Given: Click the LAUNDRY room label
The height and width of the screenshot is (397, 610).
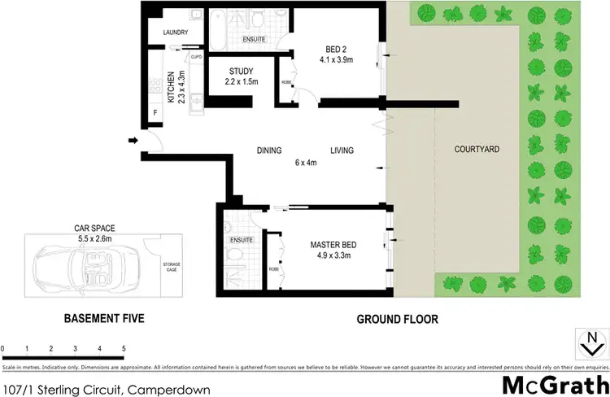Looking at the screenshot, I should [x=176, y=33].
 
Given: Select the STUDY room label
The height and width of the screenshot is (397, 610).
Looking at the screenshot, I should [x=242, y=71].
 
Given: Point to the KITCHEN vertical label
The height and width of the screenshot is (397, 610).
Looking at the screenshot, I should [x=171, y=88].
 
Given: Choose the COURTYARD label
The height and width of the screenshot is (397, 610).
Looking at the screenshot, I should [x=477, y=150].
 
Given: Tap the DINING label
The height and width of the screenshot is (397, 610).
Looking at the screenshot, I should [x=269, y=151].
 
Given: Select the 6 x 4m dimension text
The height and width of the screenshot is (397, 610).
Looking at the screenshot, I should [x=306, y=162].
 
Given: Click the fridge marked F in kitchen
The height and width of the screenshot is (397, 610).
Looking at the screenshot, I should [x=155, y=114].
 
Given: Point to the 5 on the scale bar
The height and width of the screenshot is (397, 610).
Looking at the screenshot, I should [x=124, y=348].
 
